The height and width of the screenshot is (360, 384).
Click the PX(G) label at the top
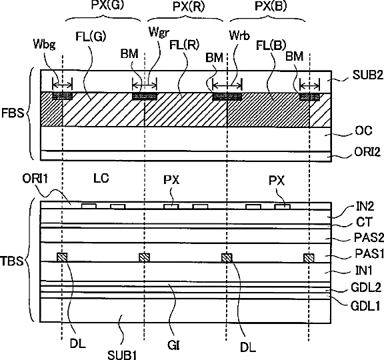coord(107,5)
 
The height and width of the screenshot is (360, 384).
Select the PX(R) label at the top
coord(189,7)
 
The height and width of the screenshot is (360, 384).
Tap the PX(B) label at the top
coord(271,6)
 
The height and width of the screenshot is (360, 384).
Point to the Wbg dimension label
coord(44,44)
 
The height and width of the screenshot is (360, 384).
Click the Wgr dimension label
coord(159,32)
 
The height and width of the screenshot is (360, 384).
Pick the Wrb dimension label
coord(239,35)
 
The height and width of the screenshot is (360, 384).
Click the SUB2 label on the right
coord(367,75)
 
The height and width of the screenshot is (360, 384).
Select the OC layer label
coord(364,131)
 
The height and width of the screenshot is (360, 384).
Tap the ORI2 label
coord(367,152)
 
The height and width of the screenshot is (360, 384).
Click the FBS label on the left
coord(13,113)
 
